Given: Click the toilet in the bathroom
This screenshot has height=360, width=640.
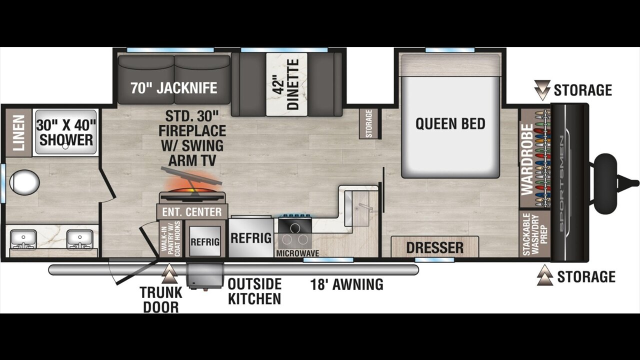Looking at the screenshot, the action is pyautogui.click(x=24, y=182).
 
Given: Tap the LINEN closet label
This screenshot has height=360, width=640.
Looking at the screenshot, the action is pyautogui.click(x=19, y=133).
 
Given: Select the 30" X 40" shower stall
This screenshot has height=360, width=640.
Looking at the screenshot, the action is pyautogui.click(x=65, y=132).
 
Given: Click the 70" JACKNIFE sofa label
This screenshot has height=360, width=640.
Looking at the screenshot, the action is pyautogui.click(x=174, y=87).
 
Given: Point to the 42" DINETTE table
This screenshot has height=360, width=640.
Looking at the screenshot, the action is pyautogui.click(x=286, y=84).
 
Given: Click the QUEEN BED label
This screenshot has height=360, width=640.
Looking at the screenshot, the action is pyautogui.click(x=450, y=123).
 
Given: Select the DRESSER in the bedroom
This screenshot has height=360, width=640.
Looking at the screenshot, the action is pyautogui.click(x=434, y=247).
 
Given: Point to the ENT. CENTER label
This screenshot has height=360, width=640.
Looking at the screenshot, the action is pyautogui.click(x=192, y=212).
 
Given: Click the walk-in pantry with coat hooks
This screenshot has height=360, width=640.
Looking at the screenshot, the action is pyautogui.click(x=170, y=238).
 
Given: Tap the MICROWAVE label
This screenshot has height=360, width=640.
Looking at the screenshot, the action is pyautogui.click(x=297, y=253).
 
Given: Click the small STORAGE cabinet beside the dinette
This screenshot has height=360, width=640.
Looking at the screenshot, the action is pyautogui.click(x=369, y=123).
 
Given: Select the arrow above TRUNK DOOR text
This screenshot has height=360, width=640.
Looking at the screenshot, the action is pyautogui.click(x=169, y=273).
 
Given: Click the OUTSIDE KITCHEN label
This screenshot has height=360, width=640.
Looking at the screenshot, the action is pyautogui.click(x=254, y=291).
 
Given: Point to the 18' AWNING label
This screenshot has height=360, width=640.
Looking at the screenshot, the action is pyautogui.click(x=347, y=284).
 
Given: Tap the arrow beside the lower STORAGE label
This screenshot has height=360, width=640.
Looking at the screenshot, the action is pyautogui.click(x=545, y=275).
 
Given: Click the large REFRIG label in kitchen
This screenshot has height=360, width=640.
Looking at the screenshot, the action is pyautogui.click(x=251, y=238).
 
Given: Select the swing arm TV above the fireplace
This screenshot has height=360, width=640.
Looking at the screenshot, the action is pyautogui.click(x=191, y=176).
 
